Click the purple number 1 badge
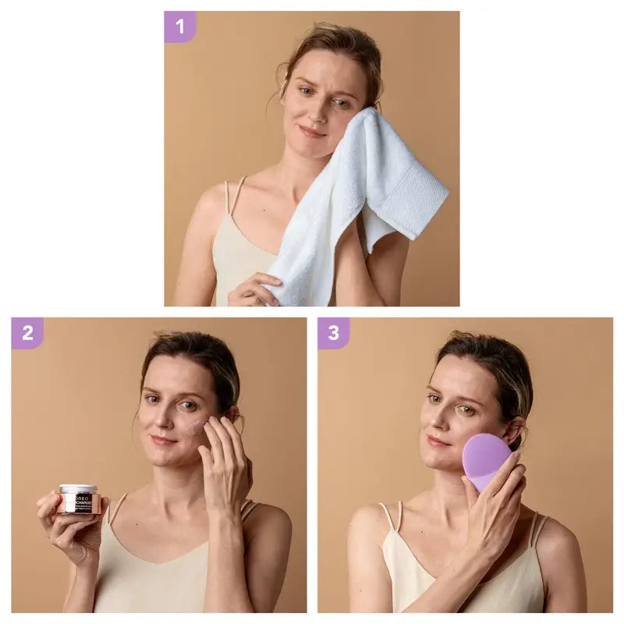click(180, 27)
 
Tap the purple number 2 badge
click(27, 333)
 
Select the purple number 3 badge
click(333, 333)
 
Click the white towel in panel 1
click(367, 203)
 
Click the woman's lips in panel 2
click(164, 440)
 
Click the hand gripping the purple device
click(499, 507)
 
